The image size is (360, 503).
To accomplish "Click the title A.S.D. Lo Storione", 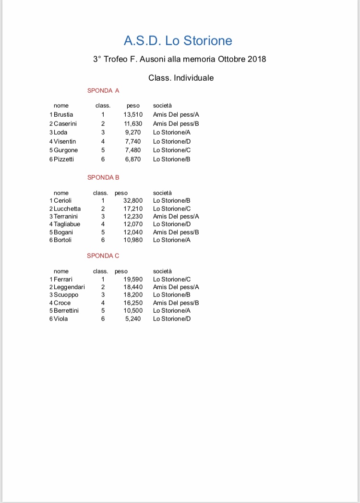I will coord(178,41).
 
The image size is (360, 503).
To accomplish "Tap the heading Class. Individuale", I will coord(181,78).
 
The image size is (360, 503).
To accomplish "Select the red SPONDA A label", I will coord(103,90).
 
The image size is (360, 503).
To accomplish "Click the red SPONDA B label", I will coord(103,177).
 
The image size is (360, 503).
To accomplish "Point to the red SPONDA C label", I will coord(103,256).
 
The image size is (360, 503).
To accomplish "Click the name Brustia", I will coord(63,115).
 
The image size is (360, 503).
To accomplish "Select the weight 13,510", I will coord(133,115).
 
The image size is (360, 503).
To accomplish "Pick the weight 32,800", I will coord(133,201).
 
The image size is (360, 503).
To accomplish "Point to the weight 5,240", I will coord(133,319).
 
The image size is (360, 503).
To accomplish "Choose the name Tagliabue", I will coord(67,224).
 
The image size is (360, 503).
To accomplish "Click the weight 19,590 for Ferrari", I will coord(133,279).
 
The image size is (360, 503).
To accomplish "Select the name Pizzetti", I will coord(63,159).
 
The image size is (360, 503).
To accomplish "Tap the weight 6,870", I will coord(133,159).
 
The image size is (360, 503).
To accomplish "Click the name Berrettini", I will coord(66,311).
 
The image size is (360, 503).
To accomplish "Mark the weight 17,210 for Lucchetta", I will coord(133,209).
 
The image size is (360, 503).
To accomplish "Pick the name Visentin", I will coord(64,142).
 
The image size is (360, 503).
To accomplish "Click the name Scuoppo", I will coord(66,295).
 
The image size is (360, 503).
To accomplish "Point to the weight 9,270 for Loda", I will coord(133,133).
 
